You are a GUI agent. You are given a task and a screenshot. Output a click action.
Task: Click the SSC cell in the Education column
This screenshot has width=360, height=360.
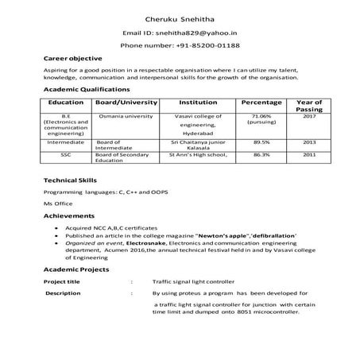pos(66,155)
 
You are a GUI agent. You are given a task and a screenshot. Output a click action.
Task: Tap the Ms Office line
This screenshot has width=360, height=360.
pos(58,204)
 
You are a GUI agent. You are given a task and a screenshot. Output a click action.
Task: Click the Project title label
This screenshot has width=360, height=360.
pos(62,281)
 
